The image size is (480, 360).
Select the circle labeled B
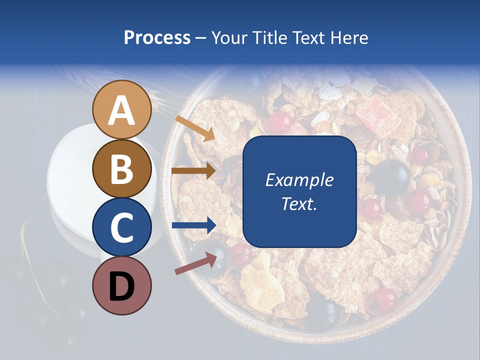tap(122, 168)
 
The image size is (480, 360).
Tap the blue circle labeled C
tap(122, 227)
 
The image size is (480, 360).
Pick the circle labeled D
tap(122, 285)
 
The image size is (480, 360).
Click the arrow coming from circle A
tap(195, 128)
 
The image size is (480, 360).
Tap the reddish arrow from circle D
tap(195, 263)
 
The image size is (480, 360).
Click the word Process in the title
tap(157, 37)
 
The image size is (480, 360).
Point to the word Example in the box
tap(299, 180)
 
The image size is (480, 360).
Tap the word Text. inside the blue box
tap(299, 204)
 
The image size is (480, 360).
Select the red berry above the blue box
tap(279, 121)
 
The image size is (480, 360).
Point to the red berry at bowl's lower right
tap(384, 299)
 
